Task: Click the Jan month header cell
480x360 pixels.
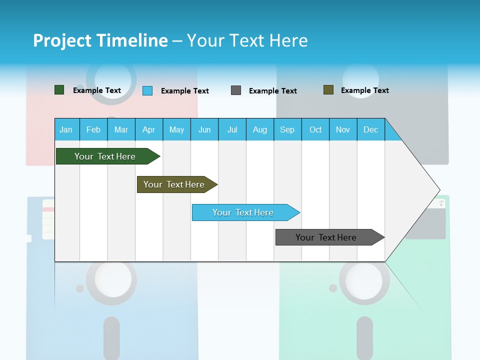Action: click(x=66, y=129)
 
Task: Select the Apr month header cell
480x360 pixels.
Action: click(x=149, y=129)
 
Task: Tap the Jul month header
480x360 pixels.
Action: click(x=232, y=129)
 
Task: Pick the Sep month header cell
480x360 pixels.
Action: click(x=287, y=129)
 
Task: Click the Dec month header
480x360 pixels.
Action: click(x=370, y=129)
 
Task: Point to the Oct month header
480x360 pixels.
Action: click(x=315, y=129)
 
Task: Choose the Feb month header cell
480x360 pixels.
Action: click(x=93, y=129)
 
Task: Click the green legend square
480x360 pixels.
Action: click(x=59, y=90)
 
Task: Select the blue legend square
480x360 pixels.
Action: click(x=147, y=90)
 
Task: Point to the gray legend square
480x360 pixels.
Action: click(x=236, y=90)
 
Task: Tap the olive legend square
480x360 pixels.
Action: click(x=328, y=90)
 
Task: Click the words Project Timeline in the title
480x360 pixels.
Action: click(x=100, y=40)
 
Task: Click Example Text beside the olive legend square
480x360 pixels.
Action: click(x=364, y=90)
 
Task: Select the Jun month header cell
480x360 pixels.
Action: click(x=204, y=129)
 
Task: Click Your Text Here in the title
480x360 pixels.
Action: click(x=247, y=40)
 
